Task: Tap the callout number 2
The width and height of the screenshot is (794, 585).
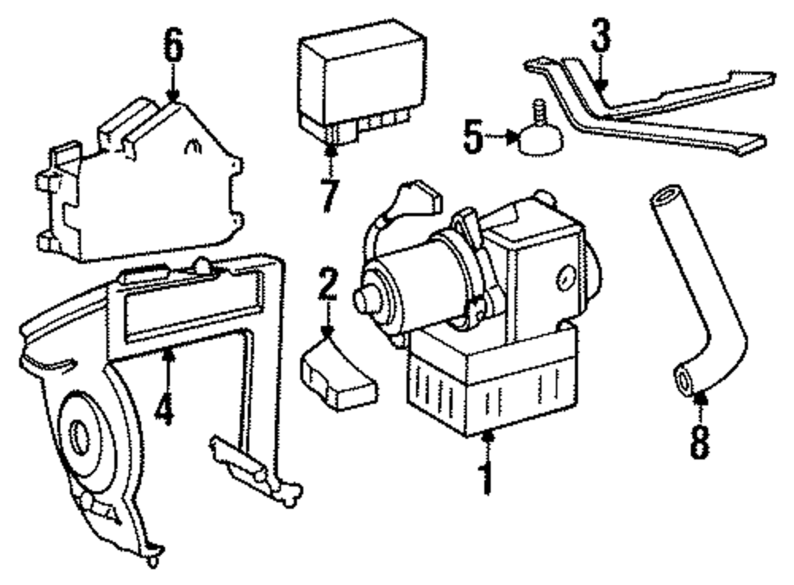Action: click(x=327, y=284)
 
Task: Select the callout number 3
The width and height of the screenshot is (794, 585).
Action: click(x=601, y=35)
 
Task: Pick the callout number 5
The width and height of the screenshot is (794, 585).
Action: click(x=472, y=137)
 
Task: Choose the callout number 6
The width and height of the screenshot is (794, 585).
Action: click(x=173, y=47)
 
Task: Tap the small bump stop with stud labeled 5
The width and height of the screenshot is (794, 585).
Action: click(x=540, y=137)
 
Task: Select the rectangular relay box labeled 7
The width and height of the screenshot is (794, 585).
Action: click(x=361, y=76)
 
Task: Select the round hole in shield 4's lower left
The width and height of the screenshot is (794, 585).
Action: click(x=79, y=436)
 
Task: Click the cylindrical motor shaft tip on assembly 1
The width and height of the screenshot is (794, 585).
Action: click(x=364, y=300)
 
